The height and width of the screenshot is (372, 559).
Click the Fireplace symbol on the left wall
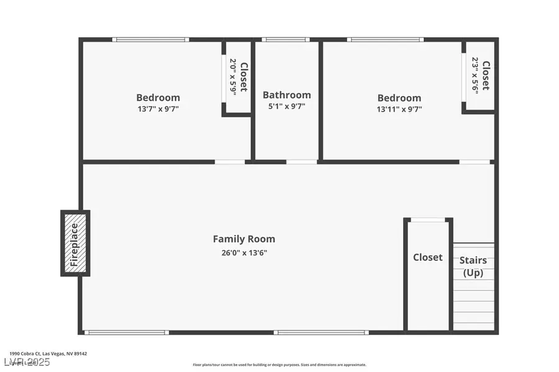[x=75, y=243]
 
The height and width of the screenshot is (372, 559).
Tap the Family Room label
[x=243, y=239]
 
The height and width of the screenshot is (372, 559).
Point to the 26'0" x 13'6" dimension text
[x=243, y=252]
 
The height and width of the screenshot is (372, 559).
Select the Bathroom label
[x=286, y=95]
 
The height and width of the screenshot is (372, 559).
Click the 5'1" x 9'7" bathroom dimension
[x=286, y=106]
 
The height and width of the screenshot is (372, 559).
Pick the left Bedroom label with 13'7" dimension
[x=158, y=97]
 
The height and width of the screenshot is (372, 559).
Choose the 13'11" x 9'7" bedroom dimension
[x=399, y=109]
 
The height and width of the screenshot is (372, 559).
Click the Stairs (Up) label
[x=473, y=267]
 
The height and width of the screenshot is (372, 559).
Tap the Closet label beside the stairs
[x=428, y=257]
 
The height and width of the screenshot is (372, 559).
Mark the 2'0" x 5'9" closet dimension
[x=233, y=77]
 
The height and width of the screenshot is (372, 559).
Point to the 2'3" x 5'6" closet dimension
[x=475, y=75]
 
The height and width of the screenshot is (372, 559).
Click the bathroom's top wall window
[x=285, y=40]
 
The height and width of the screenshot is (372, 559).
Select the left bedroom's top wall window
[x=150, y=40]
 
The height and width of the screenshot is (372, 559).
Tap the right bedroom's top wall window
[x=385, y=40]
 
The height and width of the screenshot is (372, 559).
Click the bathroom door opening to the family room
[x=302, y=162]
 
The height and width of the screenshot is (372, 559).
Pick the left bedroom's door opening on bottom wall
[x=230, y=162]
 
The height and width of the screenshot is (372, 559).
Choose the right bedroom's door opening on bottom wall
[x=475, y=162]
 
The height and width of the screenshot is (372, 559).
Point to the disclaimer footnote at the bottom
[x=279, y=365]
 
